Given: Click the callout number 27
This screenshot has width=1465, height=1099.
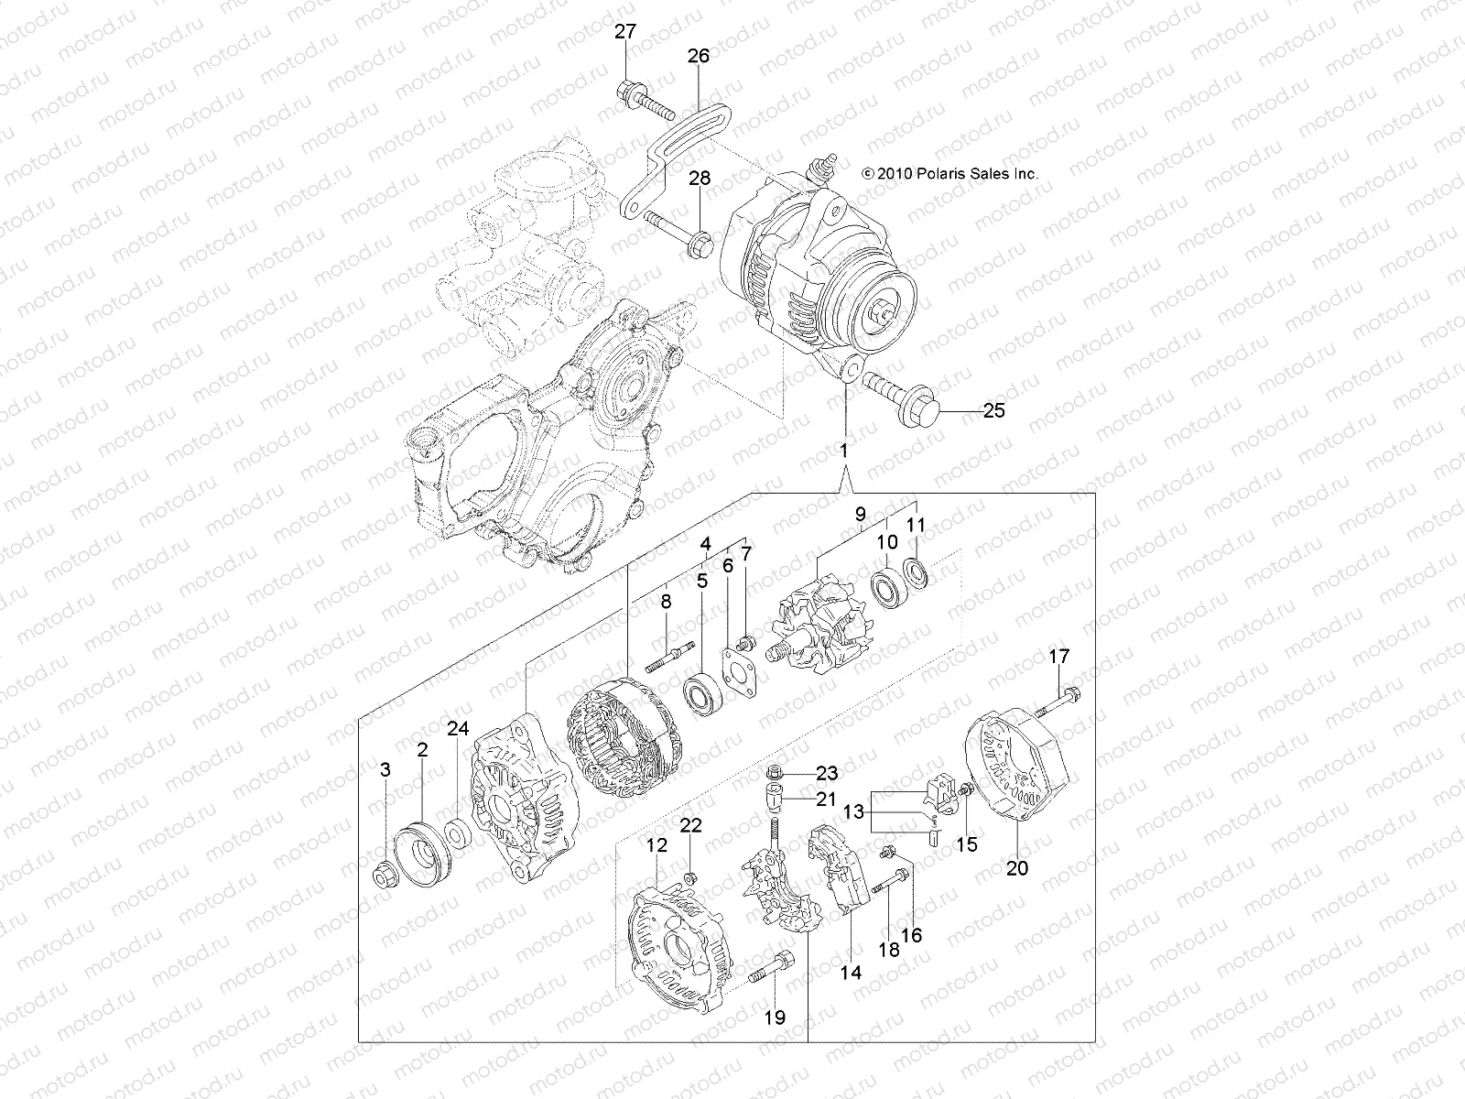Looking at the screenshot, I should click(625, 32).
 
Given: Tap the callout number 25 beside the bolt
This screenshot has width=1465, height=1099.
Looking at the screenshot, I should click(993, 411).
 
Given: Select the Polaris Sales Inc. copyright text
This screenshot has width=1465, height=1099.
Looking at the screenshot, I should click(950, 173).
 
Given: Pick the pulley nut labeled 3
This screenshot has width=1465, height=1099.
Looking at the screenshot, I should click(385, 876).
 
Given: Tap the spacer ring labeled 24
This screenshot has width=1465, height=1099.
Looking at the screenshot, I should click(455, 835).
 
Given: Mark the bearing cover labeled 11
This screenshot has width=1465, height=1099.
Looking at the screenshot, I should click(917, 573).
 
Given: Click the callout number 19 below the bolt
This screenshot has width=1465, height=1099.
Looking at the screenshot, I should click(775, 1017).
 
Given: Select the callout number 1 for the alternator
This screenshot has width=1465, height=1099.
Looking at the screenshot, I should click(844, 451).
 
